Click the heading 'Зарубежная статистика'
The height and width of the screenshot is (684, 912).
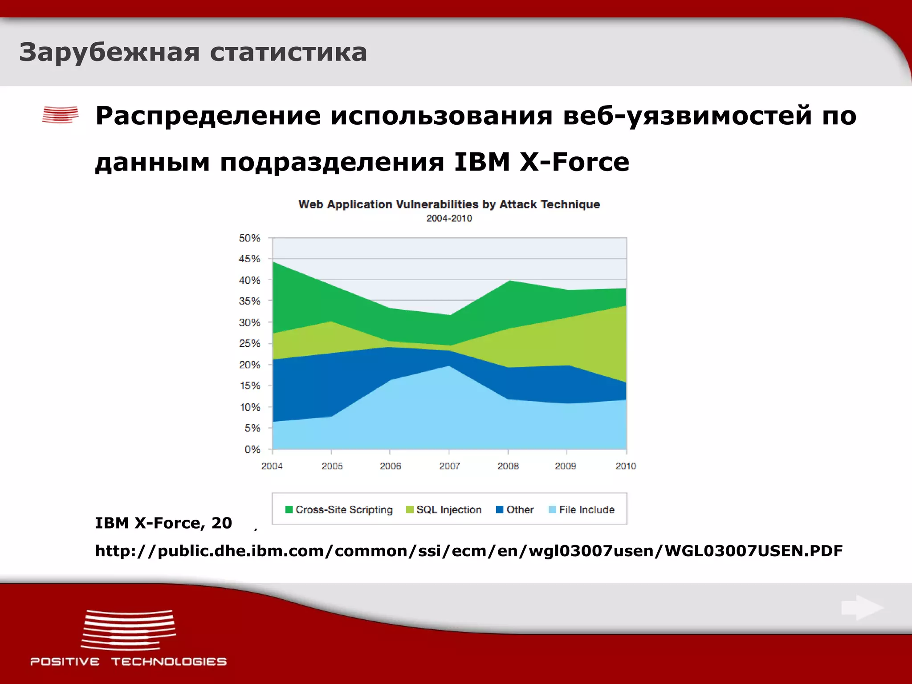pyautogui.click(x=193, y=53)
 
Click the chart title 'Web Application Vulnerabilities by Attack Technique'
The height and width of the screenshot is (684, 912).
pyautogui.click(x=449, y=204)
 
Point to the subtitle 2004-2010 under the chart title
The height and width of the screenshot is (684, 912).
pyautogui.click(x=449, y=219)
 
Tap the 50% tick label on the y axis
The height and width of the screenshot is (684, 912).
pyautogui.click(x=249, y=238)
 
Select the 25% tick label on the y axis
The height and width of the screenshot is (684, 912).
pyautogui.click(x=249, y=344)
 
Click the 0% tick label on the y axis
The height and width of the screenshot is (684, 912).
pyautogui.click(x=252, y=450)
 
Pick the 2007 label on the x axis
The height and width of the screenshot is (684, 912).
pyautogui.click(x=449, y=466)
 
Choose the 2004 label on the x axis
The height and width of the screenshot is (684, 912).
pyautogui.click(x=272, y=466)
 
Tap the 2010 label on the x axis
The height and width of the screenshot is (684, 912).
pyautogui.click(x=625, y=466)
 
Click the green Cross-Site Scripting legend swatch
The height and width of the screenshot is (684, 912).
pyautogui.click(x=289, y=509)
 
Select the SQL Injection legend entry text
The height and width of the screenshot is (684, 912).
pyautogui.click(x=449, y=509)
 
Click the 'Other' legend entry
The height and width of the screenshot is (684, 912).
pyautogui.click(x=519, y=509)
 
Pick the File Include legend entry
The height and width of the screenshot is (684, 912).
pyautogui.click(x=586, y=509)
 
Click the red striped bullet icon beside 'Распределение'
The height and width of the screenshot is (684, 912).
pyautogui.click(x=61, y=115)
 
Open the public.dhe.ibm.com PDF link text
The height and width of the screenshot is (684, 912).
pyautogui.click(x=468, y=551)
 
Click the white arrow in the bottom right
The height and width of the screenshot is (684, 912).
pyautogui.click(x=862, y=608)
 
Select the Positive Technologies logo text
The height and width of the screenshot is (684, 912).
pyautogui.click(x=128, y=662)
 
